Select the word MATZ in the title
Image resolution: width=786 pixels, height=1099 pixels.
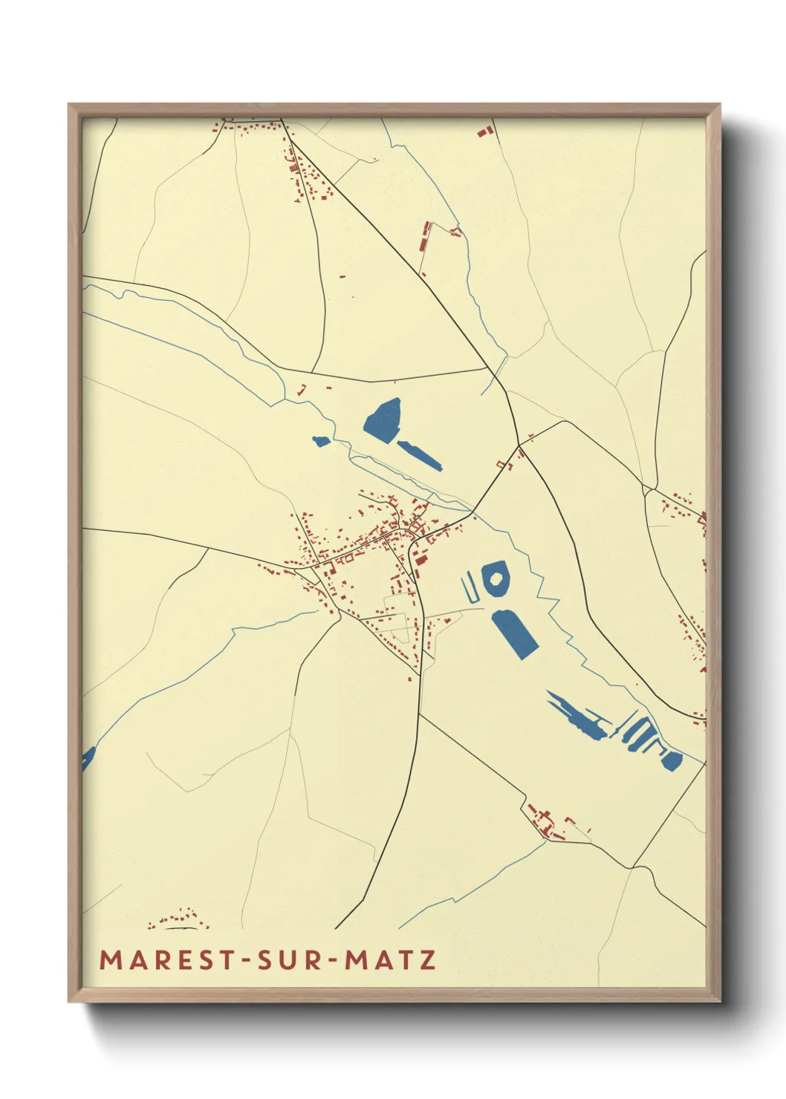coord(391,960)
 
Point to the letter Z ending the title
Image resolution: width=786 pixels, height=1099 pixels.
coord(428,960)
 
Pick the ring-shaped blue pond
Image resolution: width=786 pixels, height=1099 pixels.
coord(495,579)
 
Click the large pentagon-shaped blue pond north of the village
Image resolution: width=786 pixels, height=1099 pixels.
coord(384,420)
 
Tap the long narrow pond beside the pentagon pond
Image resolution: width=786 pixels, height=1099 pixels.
coord(420,454)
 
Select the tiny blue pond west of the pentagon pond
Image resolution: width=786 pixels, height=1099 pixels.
coord(320,442)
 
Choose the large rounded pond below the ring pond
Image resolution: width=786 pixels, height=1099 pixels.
coord(514,632)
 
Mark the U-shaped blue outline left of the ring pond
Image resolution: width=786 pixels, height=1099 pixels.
coord(470,589)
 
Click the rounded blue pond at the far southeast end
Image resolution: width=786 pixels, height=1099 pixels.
coord(671,760)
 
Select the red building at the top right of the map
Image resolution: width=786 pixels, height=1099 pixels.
coord(485,132)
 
